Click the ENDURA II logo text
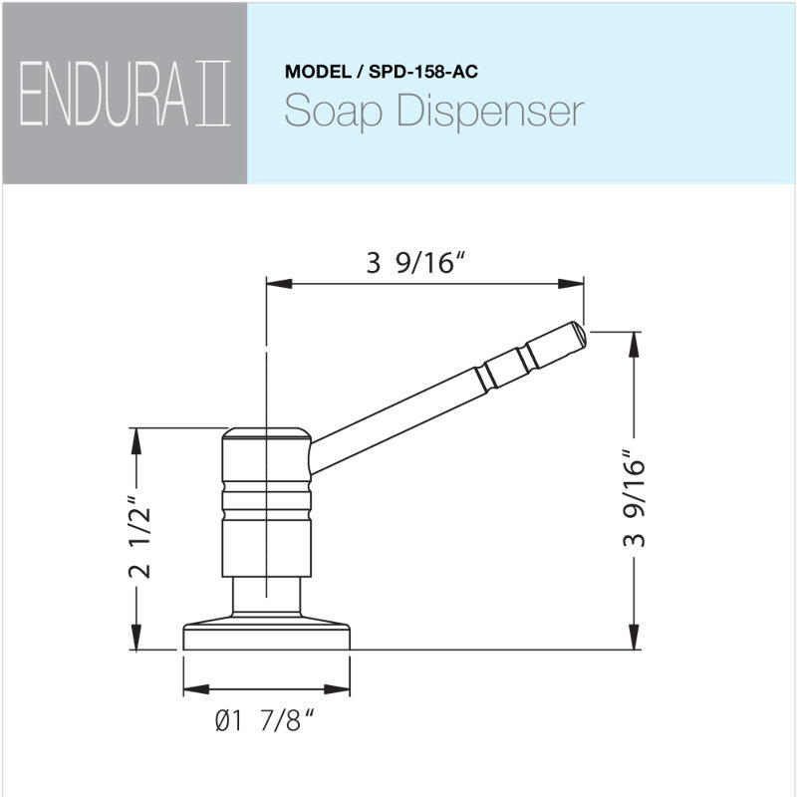point(126,94)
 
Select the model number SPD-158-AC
point(422,72)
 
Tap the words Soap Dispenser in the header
point(434,111)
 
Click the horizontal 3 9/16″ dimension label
point(415,263)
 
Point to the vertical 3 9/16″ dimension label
point(634,498)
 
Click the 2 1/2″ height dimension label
point(138,537)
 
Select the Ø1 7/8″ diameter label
point(264,720)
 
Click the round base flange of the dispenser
point(266,634)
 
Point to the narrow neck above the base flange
point(266,596)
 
